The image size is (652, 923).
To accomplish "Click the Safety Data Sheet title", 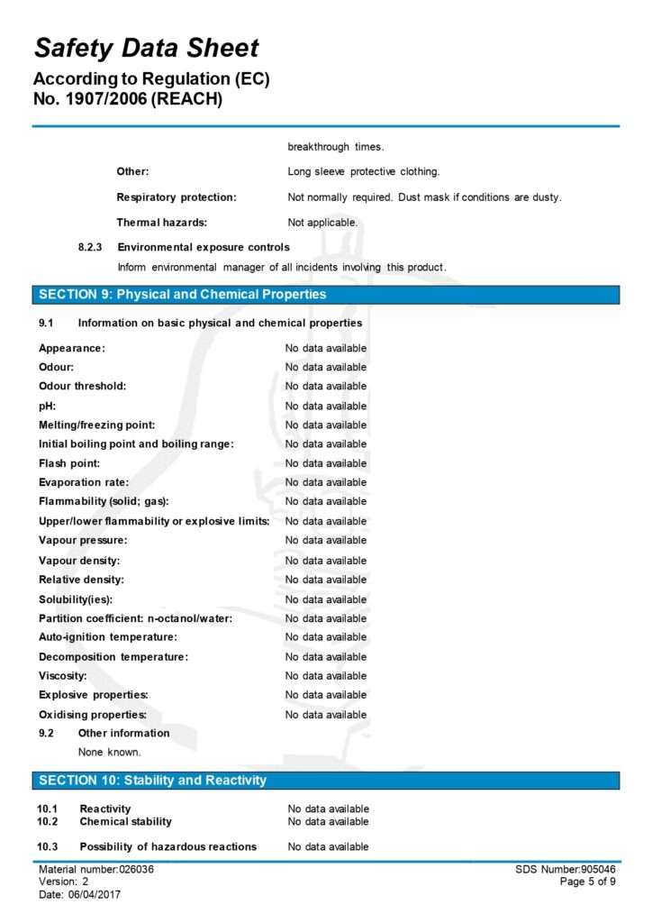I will [x=146, y=49].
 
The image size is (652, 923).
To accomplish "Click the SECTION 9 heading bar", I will [x=326, y=295].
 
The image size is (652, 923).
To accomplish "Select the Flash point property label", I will [x=69, y=463].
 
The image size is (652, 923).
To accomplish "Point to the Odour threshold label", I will [x=82, y=386].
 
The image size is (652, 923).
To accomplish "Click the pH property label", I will [x=47, y=406].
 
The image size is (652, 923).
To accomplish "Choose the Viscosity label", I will [x=62, y=676].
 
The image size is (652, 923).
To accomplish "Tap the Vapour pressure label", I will [x=83, y=541].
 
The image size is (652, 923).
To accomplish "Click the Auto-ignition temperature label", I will [x=107, y=637].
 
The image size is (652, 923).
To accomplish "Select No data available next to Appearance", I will [x=326, y=348].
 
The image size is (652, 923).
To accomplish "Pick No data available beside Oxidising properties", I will [x=326, y=715].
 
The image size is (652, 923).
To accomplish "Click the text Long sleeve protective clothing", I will [x=364, y=171].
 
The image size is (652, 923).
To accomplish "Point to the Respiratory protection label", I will [x=177, y=197].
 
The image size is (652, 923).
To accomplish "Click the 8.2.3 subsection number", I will [x=91, y=247].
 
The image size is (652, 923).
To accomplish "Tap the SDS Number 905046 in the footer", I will [x=566, y=869].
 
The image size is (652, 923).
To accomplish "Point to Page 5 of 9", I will [x=588, y=882].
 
